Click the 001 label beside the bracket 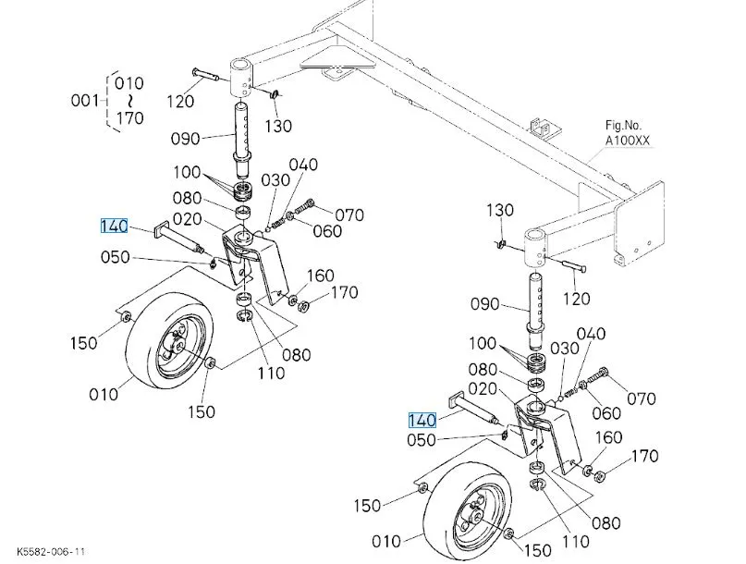tap(84, 101)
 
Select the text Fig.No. tap(623, 126)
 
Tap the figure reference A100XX tap(627, 141)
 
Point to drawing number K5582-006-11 tap(51, 552)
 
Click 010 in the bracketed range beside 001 tap(128, 83)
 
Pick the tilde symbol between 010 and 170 tap(129, 101)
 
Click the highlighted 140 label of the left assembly tap(115, 227)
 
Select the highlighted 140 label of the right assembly tap(422, 421)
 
